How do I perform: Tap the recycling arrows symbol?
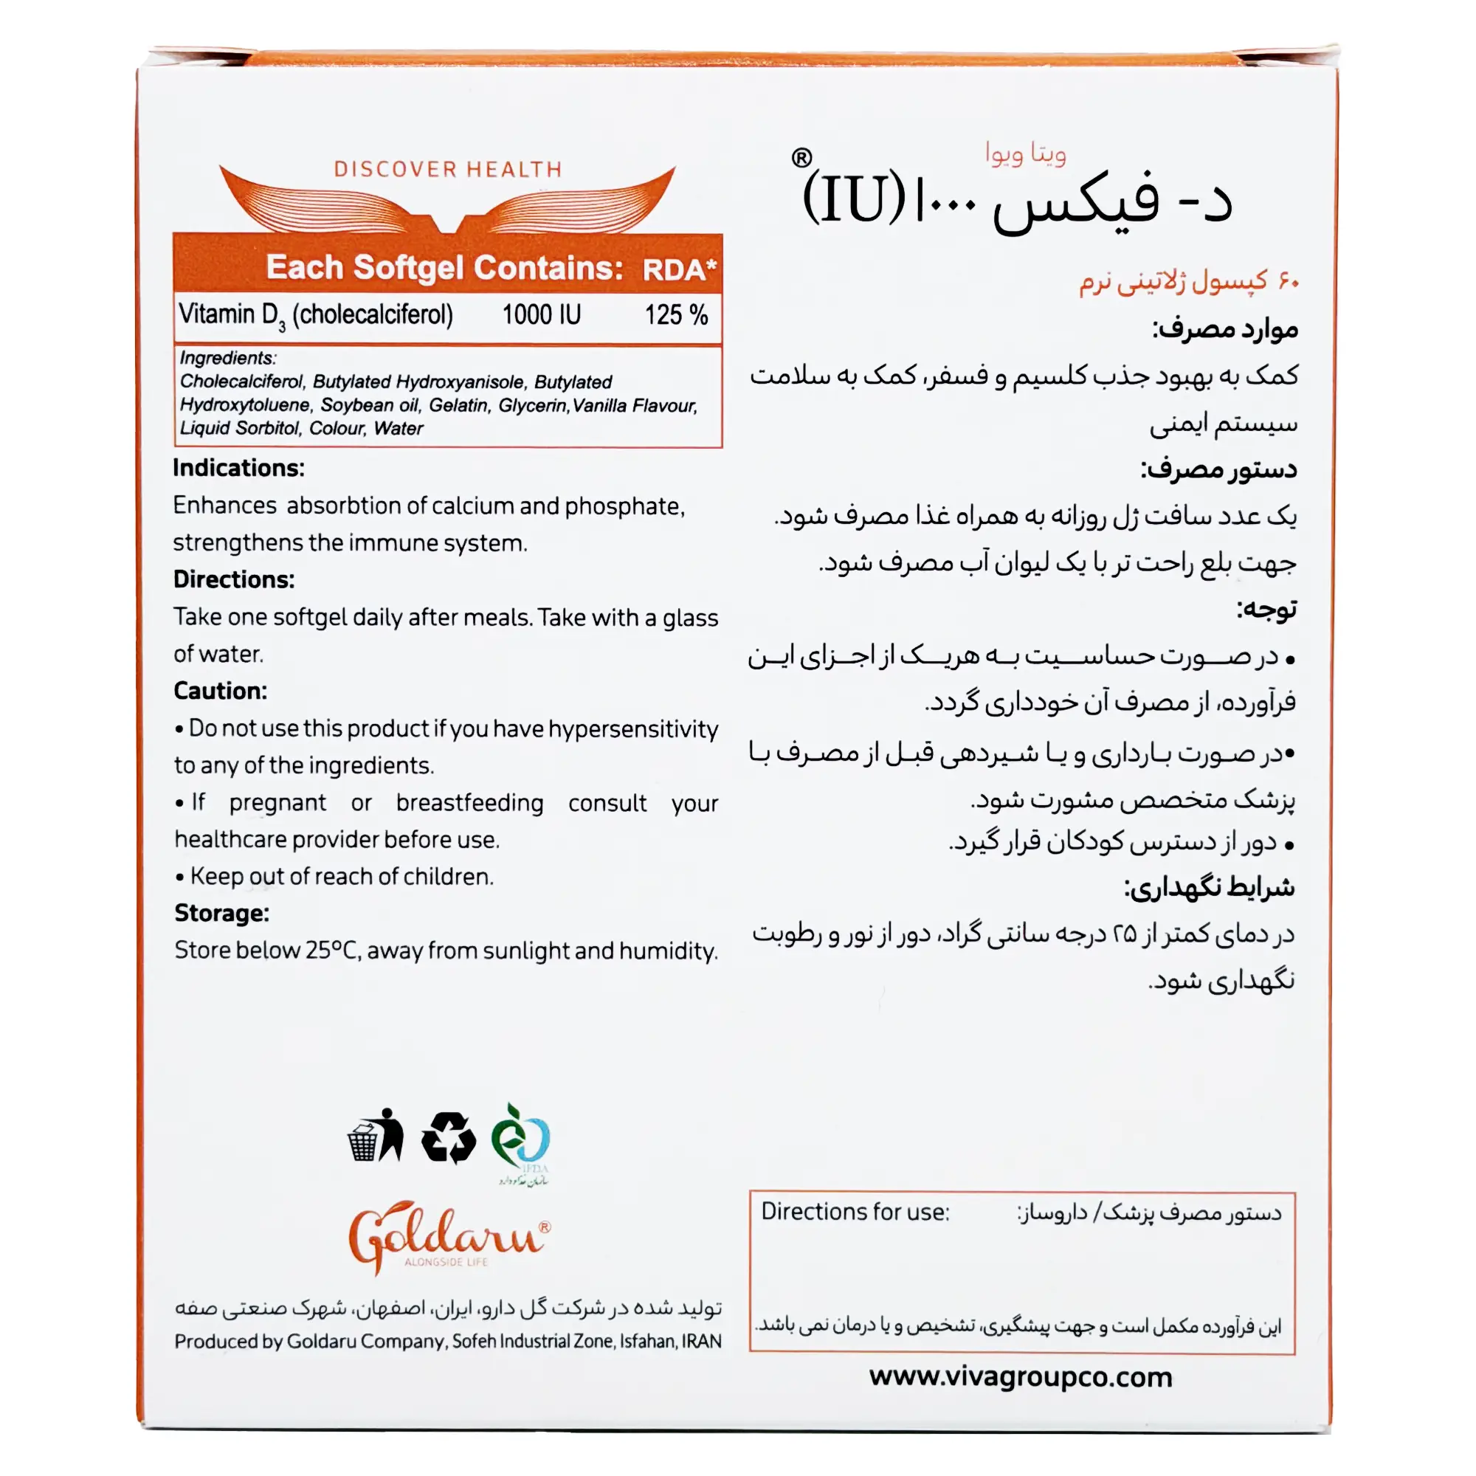click(x=449, y=1138)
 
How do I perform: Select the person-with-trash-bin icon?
click(x=375, y=1136)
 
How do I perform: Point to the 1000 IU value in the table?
click(x=541, y=315)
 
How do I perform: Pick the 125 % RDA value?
click(x=675, y=315)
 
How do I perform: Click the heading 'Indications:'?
click(x=238, y=468)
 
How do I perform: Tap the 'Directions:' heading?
click(x=234, y=579)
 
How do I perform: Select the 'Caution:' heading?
click(x=220, y=691)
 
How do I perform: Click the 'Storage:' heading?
click(x=221, y=913)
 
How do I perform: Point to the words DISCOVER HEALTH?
click(x=448, y=170)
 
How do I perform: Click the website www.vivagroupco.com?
click(x=1021, y=1376)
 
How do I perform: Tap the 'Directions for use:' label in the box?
click(x=855, y=1212)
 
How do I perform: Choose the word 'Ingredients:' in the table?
click(x=227, y=359)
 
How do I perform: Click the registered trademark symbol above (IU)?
click(x=801, y=158)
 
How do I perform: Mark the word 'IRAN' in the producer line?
click(x=701, y=1341)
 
